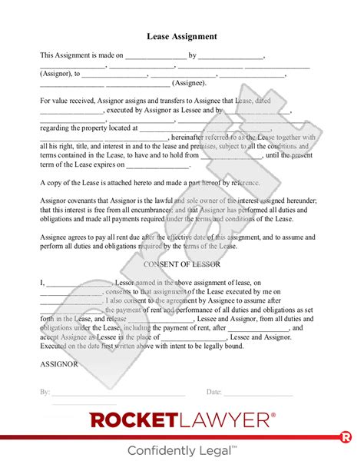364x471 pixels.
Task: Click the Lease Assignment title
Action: pyautogui.click(x=181, y=36)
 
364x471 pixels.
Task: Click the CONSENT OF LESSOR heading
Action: pyautogui.click(x=181, y=264)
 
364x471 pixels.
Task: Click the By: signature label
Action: pyautogui.click(x=45, y=392)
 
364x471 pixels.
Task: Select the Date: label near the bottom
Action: pyautogui.click(x=214, y=392)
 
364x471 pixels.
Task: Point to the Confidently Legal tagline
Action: pyautogui.click(x=181, y=450)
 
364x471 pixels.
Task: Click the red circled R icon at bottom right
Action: pyautogui.click(x=346, y=437)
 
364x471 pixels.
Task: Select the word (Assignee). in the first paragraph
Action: pyautogui.click(x=189, y=83)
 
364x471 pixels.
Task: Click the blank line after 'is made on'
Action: pyautogui.click(x=155, y=56)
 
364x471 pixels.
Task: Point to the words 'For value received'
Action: pyautogui.click(x=71, y=101)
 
